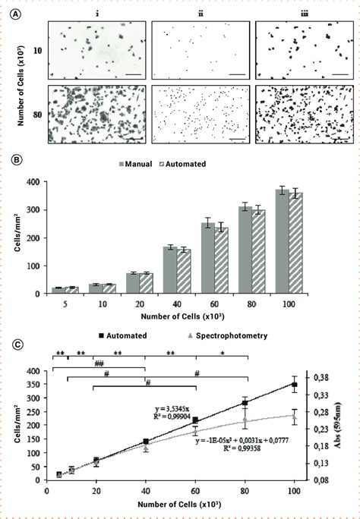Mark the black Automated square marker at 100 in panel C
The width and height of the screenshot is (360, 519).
[295, 385]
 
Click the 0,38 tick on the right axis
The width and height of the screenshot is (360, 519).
[322, 377]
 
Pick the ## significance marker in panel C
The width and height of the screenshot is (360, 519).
[99, 364]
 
